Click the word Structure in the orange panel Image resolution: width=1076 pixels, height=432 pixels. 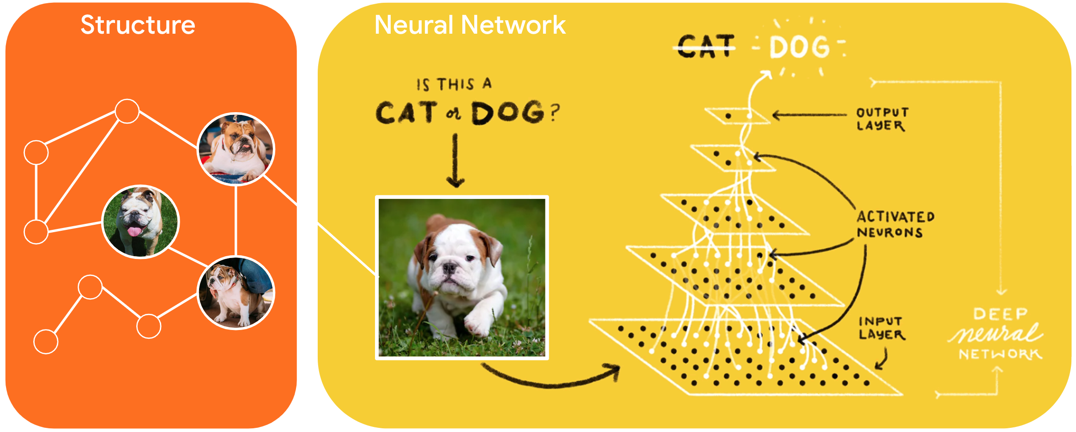138,25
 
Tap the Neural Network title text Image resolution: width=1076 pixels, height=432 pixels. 470,25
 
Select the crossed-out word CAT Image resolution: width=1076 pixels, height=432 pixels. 706,47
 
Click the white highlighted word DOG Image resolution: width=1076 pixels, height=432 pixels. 799,47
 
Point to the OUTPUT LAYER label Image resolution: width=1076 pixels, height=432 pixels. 882,119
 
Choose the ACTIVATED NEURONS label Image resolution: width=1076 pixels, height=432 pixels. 895,224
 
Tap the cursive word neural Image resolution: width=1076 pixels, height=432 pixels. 996,333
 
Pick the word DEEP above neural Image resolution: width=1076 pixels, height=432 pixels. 1000,314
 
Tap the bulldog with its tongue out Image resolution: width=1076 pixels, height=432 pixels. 140,222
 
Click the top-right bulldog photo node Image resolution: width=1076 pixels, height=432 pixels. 236,149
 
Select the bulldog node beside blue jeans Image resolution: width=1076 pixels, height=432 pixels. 236,292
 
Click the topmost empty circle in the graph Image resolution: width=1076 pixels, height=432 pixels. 127,111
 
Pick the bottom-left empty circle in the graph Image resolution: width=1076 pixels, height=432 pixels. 46,342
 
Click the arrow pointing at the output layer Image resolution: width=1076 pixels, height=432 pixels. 808,115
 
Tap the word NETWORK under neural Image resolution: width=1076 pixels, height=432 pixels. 1000,354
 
